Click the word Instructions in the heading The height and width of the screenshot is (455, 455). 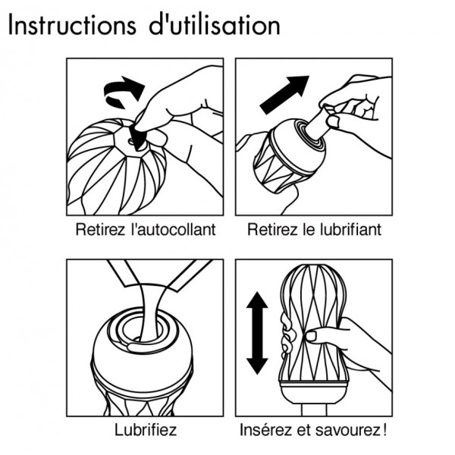tap(72, 25)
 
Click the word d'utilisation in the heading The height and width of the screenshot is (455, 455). tap(215, 25)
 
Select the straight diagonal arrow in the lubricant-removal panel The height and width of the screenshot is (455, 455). tap(284, 95)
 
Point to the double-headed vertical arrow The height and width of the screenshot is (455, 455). tap(257, 333)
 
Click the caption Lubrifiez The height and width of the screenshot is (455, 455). tap(146, 430)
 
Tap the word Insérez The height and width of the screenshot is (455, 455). tap(265, 430)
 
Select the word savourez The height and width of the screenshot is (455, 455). tap(347, 430)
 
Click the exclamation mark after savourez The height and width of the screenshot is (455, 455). tap(384, 430)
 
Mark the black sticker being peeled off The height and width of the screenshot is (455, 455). tap(138, 137)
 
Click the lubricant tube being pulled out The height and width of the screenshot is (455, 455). tap(318, 124)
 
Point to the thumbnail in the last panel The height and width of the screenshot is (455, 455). tap(312, 336)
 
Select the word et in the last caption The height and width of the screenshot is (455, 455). tap(303, 430)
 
